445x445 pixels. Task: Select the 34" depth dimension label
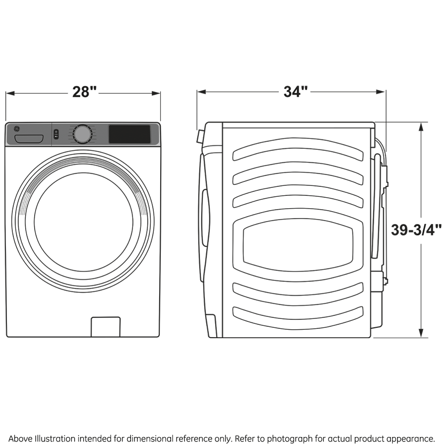click(x=295, y=91)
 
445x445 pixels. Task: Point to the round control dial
click(x=82, y=134)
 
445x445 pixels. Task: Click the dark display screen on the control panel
click(x=130, y=134)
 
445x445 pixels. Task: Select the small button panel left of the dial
click(x=56, y=134)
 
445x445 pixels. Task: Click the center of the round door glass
click(x=84, y=221)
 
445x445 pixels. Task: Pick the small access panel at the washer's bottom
click(x=105, y=327)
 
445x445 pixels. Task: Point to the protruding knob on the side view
click(x=200, y=136)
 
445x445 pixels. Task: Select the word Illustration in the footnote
click(x=53, y=439)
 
